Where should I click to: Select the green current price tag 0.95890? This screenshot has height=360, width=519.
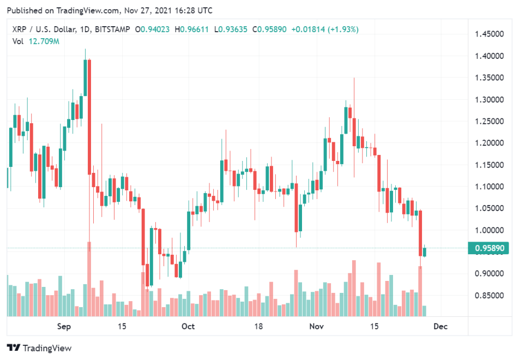[x=489, y=249]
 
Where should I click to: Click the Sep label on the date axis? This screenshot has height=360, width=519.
[x=65, y=326]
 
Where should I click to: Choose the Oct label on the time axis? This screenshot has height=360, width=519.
[x=188, y=326]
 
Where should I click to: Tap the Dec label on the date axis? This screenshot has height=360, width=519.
[x=440, y=326]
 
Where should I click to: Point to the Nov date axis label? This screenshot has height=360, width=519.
[x=316, y=326]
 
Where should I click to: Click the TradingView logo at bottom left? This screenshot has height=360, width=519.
[x=39, y=348]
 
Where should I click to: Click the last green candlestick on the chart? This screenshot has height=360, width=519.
[x=425, y=251]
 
